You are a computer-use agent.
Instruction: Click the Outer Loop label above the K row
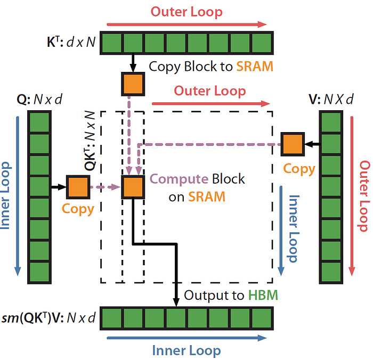pos(186,12)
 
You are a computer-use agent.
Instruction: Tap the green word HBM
pos(263,295)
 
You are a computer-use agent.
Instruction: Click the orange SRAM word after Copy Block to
pos(255,67)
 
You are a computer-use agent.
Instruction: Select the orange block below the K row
pos(133,84)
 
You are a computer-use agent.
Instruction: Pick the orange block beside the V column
pos(293,144)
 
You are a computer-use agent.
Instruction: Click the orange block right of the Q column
pos(78,187)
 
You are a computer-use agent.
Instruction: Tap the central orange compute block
pos(133,187)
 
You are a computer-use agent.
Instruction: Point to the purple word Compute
pos(179,179)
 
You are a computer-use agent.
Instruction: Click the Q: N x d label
pos(39,99)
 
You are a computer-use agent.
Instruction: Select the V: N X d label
pos(331,99)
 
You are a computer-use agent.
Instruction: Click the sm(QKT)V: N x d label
pos(48,318)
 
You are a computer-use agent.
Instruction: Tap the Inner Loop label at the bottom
pos(186,350)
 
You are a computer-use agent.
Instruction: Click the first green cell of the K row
pos(112,43)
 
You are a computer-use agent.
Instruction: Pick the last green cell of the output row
pos(262,318)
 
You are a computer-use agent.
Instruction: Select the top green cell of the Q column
pos(39,122)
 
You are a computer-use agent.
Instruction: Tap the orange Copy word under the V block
pos(299,169)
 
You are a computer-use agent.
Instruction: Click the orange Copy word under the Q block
pos(78,209)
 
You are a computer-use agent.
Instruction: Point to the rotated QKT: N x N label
pos(90,141)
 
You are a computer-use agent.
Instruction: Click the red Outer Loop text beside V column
pos(364,196)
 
